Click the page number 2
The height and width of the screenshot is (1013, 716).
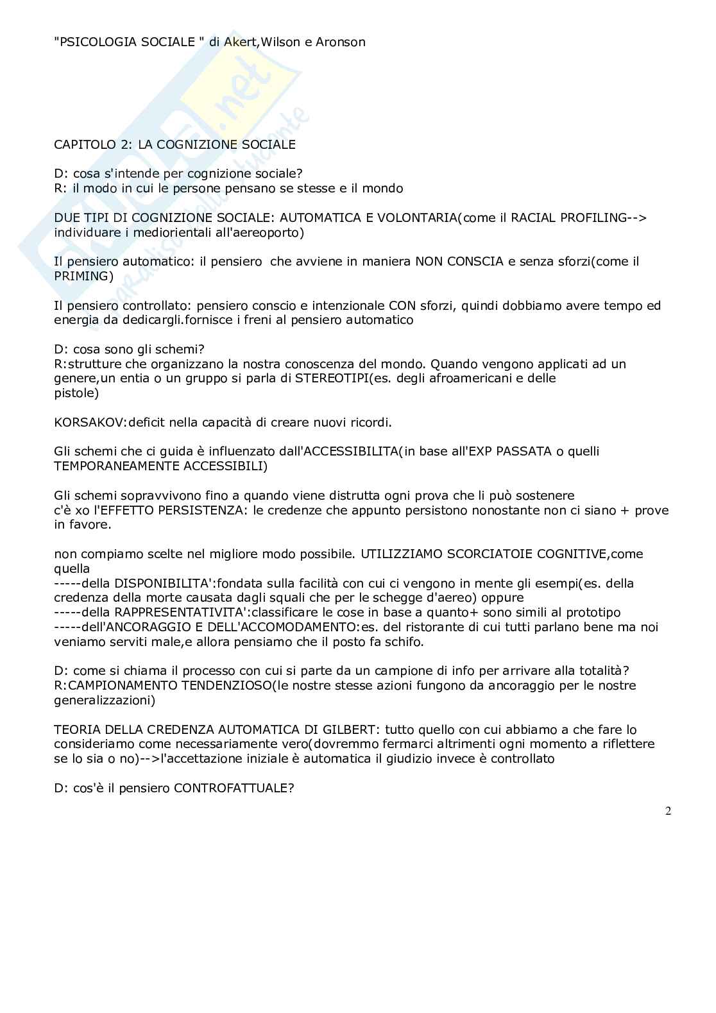point(668,812)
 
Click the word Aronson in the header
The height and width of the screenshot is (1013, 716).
point(340,42)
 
